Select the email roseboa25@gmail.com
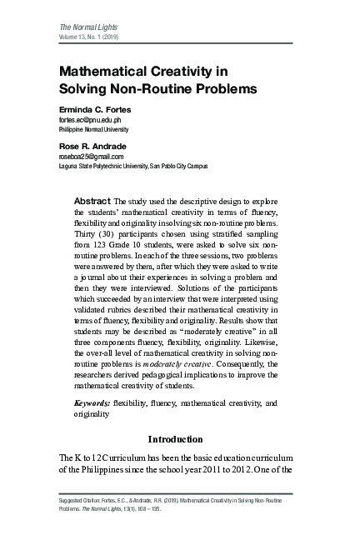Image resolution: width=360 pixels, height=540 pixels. click(91, 156)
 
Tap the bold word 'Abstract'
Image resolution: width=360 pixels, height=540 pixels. click(92, 202)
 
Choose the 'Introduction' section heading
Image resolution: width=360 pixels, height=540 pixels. click(175, 438)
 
